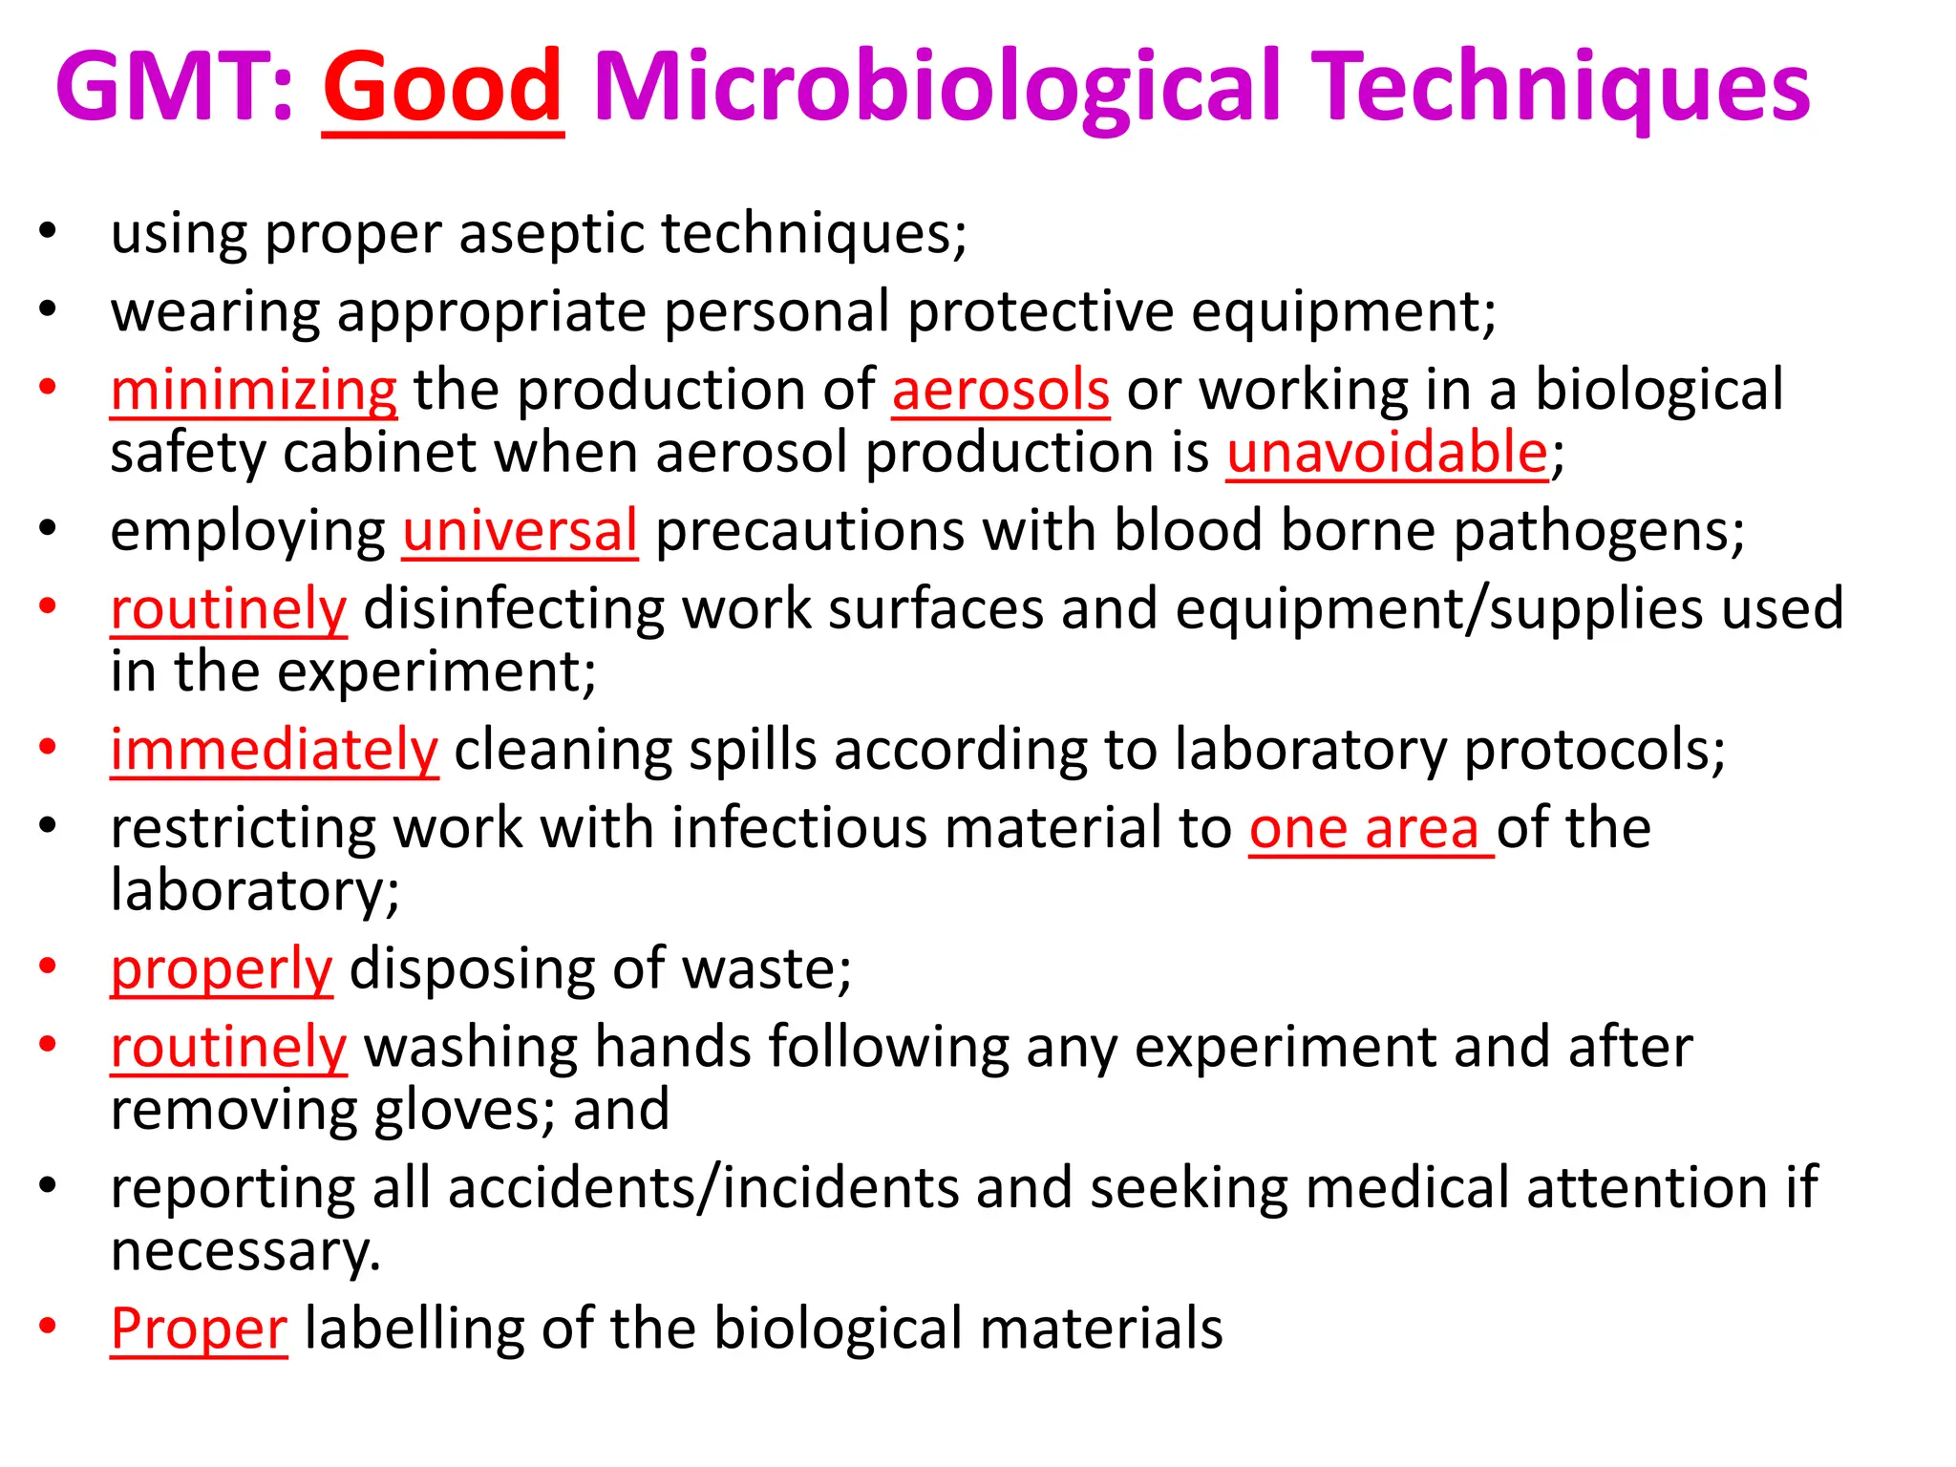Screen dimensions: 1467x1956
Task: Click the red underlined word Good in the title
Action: (x=443, y=88)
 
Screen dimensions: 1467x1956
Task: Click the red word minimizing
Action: (x=253, y=391)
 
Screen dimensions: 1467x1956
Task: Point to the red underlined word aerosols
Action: (x=1001, y=391)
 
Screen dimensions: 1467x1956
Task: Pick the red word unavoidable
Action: (x=1387, y=453)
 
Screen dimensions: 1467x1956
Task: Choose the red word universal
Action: (x=521, y=531)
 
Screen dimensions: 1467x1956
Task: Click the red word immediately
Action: (x=274, y=751)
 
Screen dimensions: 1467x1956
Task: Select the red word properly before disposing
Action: (x=222, y=970)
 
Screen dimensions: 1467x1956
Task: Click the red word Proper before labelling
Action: (x=199, y=1329)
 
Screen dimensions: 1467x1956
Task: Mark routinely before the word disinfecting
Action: (x=228, y=609)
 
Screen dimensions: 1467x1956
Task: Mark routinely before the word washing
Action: (x=228, y=1048)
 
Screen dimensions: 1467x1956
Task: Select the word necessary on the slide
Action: (x=245, y=1251)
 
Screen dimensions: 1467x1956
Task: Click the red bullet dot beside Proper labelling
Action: (x=48, y=1326)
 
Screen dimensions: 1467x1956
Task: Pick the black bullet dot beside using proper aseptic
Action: (x=48, y=230)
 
